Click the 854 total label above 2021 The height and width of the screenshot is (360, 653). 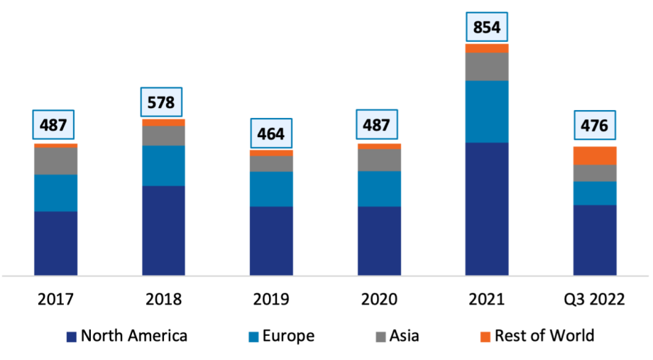[x=486, y=28]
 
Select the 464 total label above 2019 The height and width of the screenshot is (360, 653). [x=271, y=133]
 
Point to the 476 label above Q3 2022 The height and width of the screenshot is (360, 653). [x=594, y=126]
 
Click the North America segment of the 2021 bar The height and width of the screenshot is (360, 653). [x=486, y=209]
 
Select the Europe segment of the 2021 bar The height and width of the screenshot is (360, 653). [x=486, y=111]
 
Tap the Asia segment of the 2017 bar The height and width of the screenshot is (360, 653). [x=55, y=161]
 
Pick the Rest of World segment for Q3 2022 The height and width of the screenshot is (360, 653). [x=594, y=156]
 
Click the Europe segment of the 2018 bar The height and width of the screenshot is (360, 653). [x=163, y=165]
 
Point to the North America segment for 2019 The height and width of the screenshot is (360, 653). [x=271, y=241]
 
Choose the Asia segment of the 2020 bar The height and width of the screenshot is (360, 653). [x=379, y=160]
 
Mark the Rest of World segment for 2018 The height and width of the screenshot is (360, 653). [x=163, y=122]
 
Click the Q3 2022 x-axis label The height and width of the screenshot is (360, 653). [x=594, y=299]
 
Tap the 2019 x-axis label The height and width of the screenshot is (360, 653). [x=271, y=299]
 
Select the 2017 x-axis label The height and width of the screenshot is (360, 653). [x=55, y=299]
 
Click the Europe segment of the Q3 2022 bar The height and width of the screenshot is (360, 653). [x=594, y=193]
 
